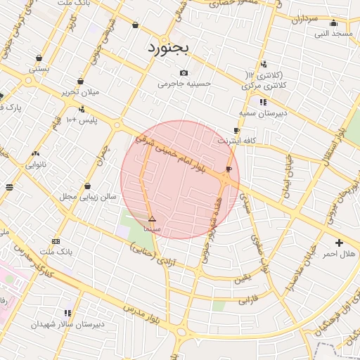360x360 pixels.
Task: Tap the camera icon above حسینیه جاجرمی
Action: tap(184, 73)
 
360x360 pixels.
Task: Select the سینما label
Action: tap(152, 229)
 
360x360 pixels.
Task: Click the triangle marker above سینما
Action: tap(152, 219)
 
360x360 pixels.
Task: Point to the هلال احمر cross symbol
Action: tap(339, 243)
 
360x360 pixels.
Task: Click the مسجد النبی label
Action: tap(333, 33)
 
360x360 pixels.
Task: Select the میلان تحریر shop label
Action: tap(79, 92)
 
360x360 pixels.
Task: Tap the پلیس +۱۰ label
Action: tap(82, 120)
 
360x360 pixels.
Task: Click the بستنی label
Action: tap(39, 69)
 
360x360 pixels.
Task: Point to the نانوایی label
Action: tap(36, 165)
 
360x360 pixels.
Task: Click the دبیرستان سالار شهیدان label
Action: tap(67, 324)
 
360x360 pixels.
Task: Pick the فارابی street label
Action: tap(247, 300)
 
